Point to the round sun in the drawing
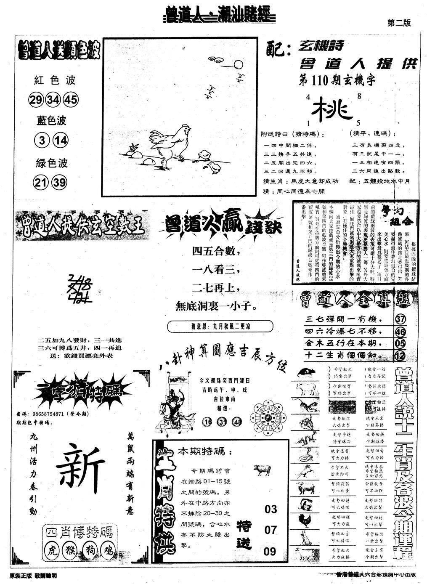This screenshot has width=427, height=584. click(x=239, y=64)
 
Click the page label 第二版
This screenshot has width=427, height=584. click(x=398, y=23)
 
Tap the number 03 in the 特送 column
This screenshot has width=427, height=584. click(x=271, y=510)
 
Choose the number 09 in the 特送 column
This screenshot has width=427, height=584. click(x=271, y=551)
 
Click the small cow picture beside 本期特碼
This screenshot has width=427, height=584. click(x=262, y=470)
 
